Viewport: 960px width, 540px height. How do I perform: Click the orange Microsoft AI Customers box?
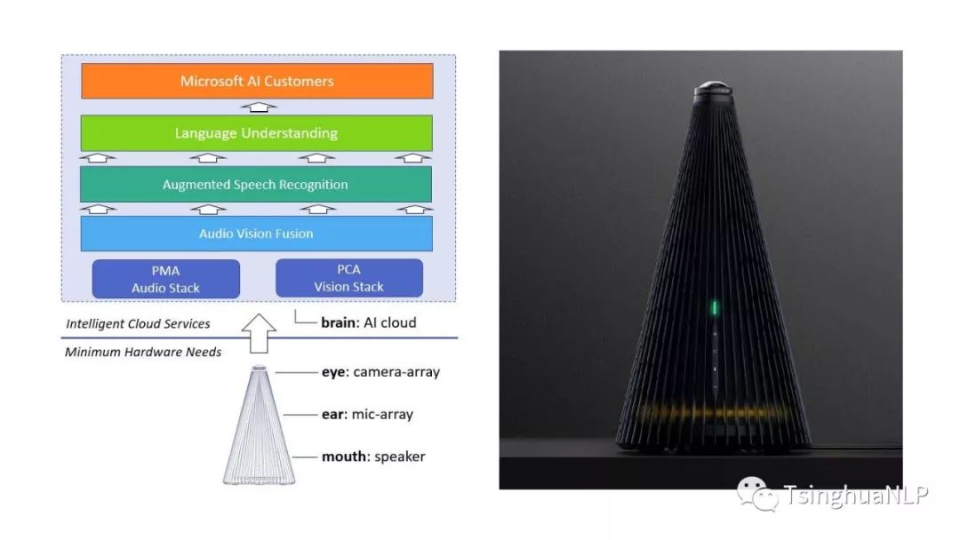tap(257, 81)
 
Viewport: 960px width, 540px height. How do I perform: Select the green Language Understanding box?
tap(256, 133)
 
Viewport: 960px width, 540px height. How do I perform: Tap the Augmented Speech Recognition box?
tap(256, 185)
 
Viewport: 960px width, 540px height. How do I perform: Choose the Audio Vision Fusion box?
tap(256, 234)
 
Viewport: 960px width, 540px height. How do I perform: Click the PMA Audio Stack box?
tap(166, 279)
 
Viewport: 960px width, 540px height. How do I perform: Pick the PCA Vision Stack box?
tap(348, 278)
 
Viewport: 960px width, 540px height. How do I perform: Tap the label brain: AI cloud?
tap(368, 322)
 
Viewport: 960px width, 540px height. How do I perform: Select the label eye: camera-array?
tap(380, 371)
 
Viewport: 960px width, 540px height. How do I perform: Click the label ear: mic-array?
tap(367, 414)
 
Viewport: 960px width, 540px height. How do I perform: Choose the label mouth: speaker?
tap(373, 457)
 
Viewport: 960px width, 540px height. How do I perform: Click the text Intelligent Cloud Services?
tap(138, 323)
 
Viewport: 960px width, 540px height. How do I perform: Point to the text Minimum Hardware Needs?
tap(143, 352)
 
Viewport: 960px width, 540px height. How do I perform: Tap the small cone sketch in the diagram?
tap(259, 426)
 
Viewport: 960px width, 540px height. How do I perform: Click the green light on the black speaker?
tap(714, 308)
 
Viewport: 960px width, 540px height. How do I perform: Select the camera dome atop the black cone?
tap(713, 89)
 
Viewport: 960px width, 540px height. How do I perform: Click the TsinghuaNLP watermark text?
tap(855, 496)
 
